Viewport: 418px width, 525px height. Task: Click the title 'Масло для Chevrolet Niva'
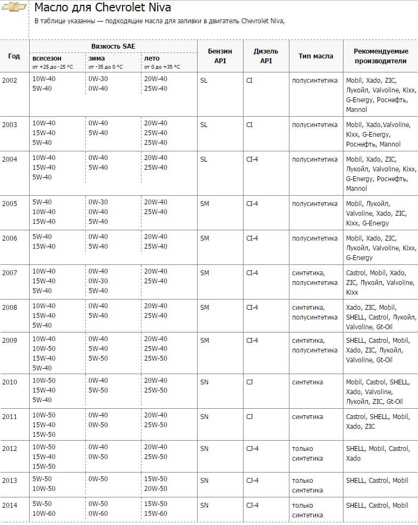(103, 8)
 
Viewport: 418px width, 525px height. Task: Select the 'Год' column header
(14, 56)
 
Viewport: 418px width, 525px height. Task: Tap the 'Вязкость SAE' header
(113, 46)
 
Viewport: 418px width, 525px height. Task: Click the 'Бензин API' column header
(220, 56)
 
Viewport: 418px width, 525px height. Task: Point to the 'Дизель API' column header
(266, 56)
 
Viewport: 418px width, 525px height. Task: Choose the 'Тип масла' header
(315, 56)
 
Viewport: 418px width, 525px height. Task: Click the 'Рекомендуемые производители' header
(380, 56)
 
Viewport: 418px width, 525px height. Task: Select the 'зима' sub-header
(97, 58)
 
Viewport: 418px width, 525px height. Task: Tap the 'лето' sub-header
(152, 58)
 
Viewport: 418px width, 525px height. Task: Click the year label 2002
(10, 80)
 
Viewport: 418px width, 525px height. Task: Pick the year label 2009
(10, 340)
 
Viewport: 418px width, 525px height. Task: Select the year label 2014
(10, 505)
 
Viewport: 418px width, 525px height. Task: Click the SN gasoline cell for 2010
(204, 382)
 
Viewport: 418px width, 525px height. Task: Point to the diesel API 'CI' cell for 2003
(249, 124)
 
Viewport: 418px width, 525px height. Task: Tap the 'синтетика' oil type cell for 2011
(307, 416)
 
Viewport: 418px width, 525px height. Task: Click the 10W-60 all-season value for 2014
(43, 513)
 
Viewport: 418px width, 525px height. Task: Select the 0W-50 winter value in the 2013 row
(98, 479)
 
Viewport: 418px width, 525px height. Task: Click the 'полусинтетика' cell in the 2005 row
(315, 203)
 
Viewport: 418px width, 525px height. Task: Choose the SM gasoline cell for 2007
(204, 273)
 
